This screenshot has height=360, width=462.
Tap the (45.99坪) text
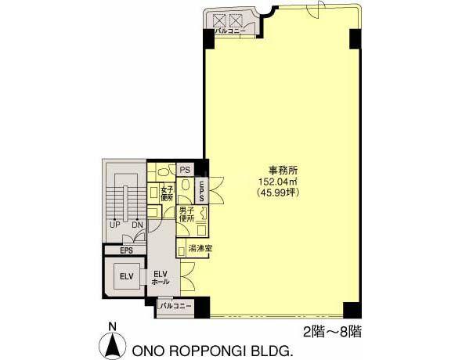pyautogui.click(x=279, y=193)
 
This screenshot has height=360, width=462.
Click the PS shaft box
pyautogui.click(x=186, y=170)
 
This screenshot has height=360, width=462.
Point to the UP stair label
pyautogui.click(x=114, y=225)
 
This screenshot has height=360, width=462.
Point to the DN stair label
pyautogui.click(x=137, y=225)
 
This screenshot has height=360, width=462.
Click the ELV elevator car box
pyautogui.click(x=127, y=276)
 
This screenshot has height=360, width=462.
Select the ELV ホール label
pyautogui.click(x=161, y=277)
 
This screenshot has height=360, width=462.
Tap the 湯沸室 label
pyautogui.click(x=200, y=248)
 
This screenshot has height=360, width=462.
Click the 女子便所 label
pyautogui.click(x=167, y=193)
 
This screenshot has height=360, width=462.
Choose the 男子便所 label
pyautogui.click(x=186, y=214)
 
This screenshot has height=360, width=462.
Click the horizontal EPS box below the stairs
pyautogui.click(x=126, y=250)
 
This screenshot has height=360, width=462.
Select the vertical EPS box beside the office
pyautogui.click(x=201, y=190)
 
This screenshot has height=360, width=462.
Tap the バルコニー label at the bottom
pyautogui.click(x=175, y=306)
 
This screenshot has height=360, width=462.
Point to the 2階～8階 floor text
pyautogui.click(x=332, y=333)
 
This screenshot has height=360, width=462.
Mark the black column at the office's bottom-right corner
pyautogui.click(x=352, y=310)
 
